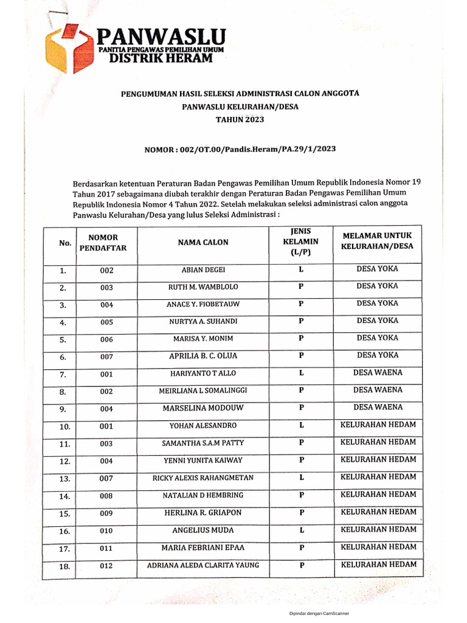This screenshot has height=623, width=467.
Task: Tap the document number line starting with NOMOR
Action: [x=240, y=148]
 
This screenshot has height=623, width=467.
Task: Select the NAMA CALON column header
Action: [x=203, y=242]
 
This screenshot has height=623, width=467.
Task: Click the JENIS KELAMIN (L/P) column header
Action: [x=301, y=242]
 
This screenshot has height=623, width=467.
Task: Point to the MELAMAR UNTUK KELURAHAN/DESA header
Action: [x=378, y=242]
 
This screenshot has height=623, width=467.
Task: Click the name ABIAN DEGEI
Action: [x=203, y=270]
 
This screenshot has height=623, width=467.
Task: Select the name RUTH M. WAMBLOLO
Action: [x=203, y=287]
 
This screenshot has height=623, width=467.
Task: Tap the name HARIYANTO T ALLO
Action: [x=203, y=373]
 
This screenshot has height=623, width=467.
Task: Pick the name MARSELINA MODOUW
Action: [x=203, y=408]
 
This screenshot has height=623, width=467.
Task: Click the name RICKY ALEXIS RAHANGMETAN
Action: [x=203, y=478]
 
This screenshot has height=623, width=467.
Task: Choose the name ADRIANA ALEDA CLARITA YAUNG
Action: [x=203, y=565]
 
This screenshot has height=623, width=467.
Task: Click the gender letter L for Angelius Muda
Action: [x=301, y=531]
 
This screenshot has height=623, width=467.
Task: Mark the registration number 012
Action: [x=106, y=566]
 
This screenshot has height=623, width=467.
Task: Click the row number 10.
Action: [x=65, y=427]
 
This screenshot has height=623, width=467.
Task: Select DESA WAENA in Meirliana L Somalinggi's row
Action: [x=378, y=390]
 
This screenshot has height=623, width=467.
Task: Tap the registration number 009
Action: [x=106, y=514]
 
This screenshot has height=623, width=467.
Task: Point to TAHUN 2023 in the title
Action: [x=240, y=120]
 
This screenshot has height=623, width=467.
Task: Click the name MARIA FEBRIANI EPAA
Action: [x=203, y=548]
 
